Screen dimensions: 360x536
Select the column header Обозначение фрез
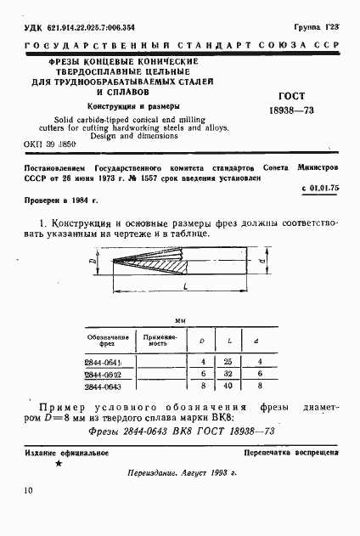pos(108,341)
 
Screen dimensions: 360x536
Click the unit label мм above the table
pos(180,322)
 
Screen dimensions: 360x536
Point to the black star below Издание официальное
pos(58,464)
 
